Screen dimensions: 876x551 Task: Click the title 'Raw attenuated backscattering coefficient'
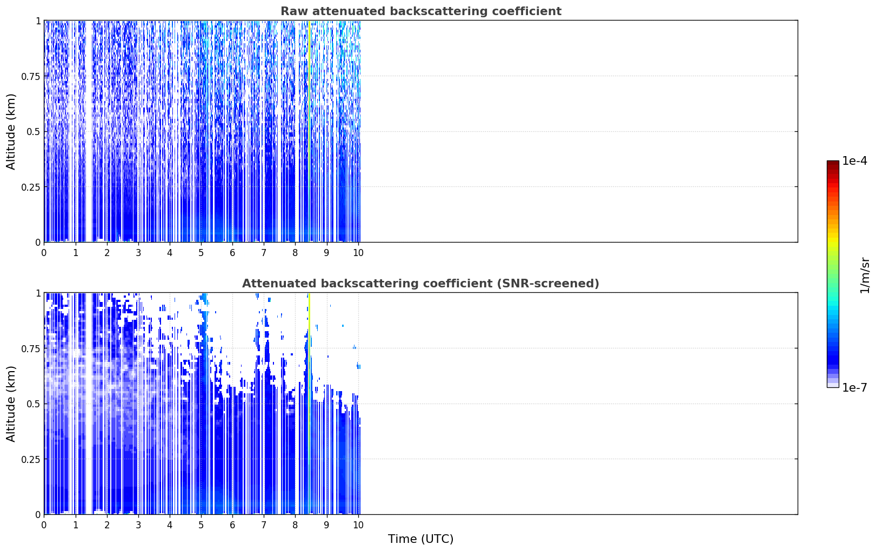(x=421, y=11)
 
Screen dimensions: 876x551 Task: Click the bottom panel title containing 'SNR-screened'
(x=421, y=283)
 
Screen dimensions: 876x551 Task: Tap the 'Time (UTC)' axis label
(x=421, y=539)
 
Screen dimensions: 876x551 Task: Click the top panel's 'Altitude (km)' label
(x=11, y=132)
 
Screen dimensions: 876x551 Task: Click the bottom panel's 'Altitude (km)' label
(x=11, y=404)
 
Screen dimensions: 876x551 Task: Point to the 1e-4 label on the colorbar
(x=854, y=160)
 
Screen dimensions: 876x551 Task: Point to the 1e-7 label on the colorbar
(x=854, y=388)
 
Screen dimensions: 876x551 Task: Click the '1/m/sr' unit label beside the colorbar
(x=865, y=275)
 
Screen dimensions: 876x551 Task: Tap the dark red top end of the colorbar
(x=833, y=163)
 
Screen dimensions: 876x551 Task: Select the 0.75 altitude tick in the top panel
(x=31, y=76)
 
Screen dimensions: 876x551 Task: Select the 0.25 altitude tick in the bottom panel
(x=31, y=459)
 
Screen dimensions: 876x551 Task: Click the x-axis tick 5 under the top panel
(x=201, y=253)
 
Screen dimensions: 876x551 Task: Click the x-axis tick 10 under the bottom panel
(x=358, y=525)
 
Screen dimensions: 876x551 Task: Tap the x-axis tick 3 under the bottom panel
(x=138, y=525)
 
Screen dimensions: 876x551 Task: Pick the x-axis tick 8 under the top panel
(x=295, y=253)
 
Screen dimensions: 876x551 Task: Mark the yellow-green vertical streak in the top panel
(x=309, y=131)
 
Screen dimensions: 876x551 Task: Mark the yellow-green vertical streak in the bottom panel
(x=309, y=404)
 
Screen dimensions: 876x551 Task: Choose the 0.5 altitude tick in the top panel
(x=34, y=132)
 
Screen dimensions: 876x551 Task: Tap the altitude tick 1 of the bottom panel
(x=38, y=293)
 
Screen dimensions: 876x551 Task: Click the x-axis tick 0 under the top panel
(x=44, y=253)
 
